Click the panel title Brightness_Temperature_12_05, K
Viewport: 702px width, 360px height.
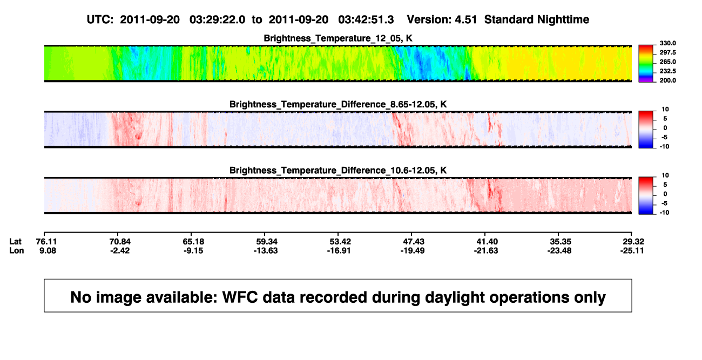(338, 38)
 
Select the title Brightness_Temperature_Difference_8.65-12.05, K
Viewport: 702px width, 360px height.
(338, 104)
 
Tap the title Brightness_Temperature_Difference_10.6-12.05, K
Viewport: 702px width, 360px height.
(338, 171)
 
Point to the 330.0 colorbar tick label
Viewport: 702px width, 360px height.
(667, 43)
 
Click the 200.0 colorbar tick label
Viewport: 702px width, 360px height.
(667, 80)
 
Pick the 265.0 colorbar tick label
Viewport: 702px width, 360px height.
(667, 62)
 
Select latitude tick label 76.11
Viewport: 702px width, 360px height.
(46, 242)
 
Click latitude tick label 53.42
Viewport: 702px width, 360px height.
(340, 242)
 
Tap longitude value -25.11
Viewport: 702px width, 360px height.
(632, 250)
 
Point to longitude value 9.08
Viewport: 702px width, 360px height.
(48, 250)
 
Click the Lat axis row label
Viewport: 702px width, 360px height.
(15, 242)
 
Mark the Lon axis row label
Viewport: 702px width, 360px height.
(16, 250)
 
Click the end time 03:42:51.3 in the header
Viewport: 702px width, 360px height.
(366, 20)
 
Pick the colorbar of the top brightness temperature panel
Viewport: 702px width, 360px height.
(646, 64)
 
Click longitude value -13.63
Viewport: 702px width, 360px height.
(266, 250)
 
